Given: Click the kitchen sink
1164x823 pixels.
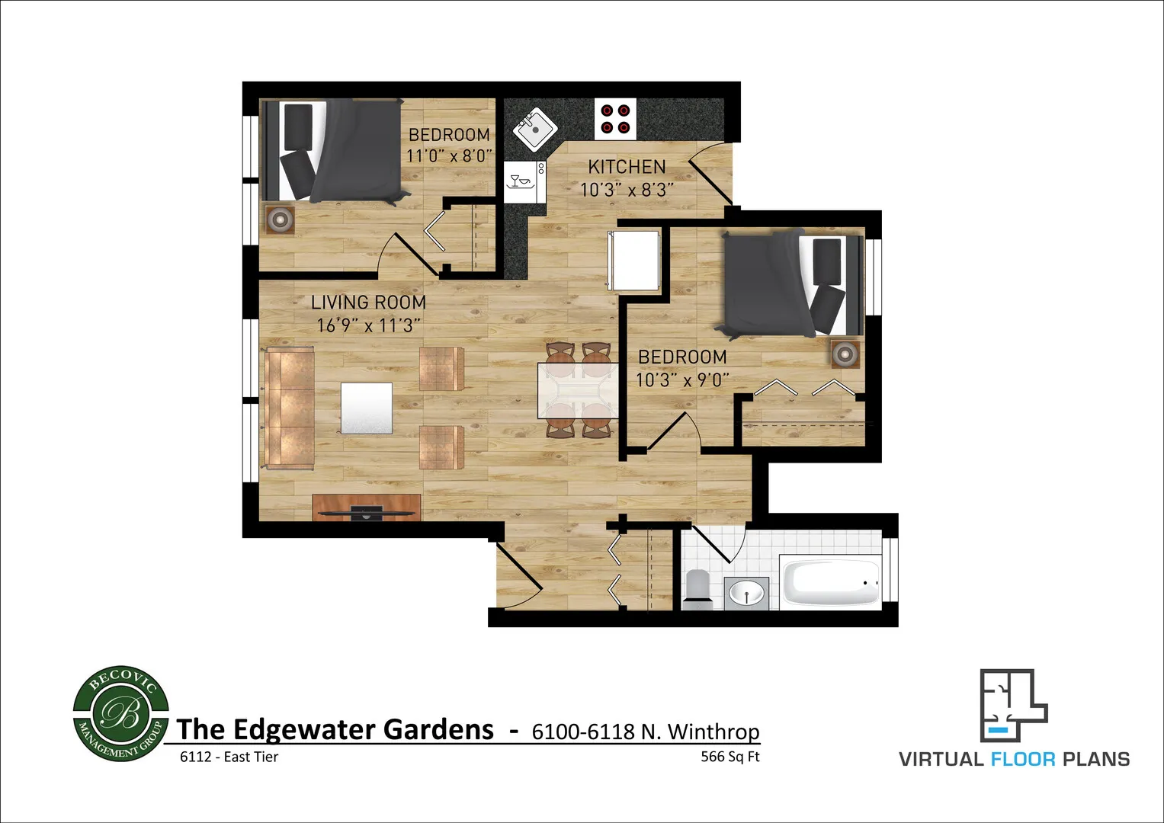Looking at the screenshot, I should click(x=537, y=129).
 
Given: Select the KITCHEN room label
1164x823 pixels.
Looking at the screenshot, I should click(x=627, y=167).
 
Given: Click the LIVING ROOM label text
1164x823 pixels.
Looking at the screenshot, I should click(x=368, y=303).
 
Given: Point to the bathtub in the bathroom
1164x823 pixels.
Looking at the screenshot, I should click(x=829, y=584).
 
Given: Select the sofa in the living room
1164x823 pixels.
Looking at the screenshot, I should click(x=290, y=408).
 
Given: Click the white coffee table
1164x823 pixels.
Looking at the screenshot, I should click(x=367, y=408).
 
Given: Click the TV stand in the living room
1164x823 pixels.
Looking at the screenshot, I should click(x=367, y=507).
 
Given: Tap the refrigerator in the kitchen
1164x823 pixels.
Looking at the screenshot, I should click(x=633, y=259).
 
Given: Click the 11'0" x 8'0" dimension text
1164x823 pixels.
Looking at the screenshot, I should click(x=449, y=156).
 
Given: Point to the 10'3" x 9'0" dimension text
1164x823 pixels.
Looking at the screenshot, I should click(x=682, y=379).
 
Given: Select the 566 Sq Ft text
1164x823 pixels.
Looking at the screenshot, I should click(x=730, y=757).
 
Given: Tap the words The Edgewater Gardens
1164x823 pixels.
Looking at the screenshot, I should click(x=335, y=729).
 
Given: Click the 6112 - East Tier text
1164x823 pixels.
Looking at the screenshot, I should click(x=229, y=757).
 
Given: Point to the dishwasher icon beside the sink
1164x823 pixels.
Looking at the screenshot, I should click(x=524, y=181).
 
